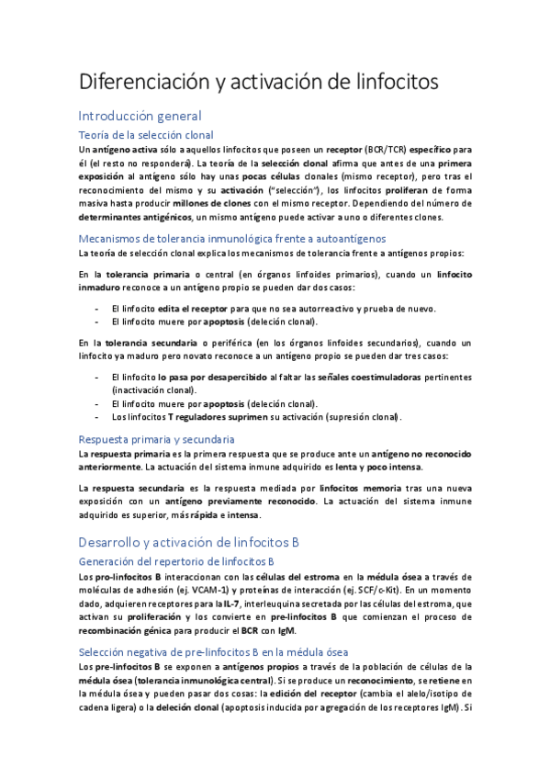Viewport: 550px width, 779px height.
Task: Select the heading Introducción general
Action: pos(140,116)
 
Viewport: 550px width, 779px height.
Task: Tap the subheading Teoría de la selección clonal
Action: pos(147,134)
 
